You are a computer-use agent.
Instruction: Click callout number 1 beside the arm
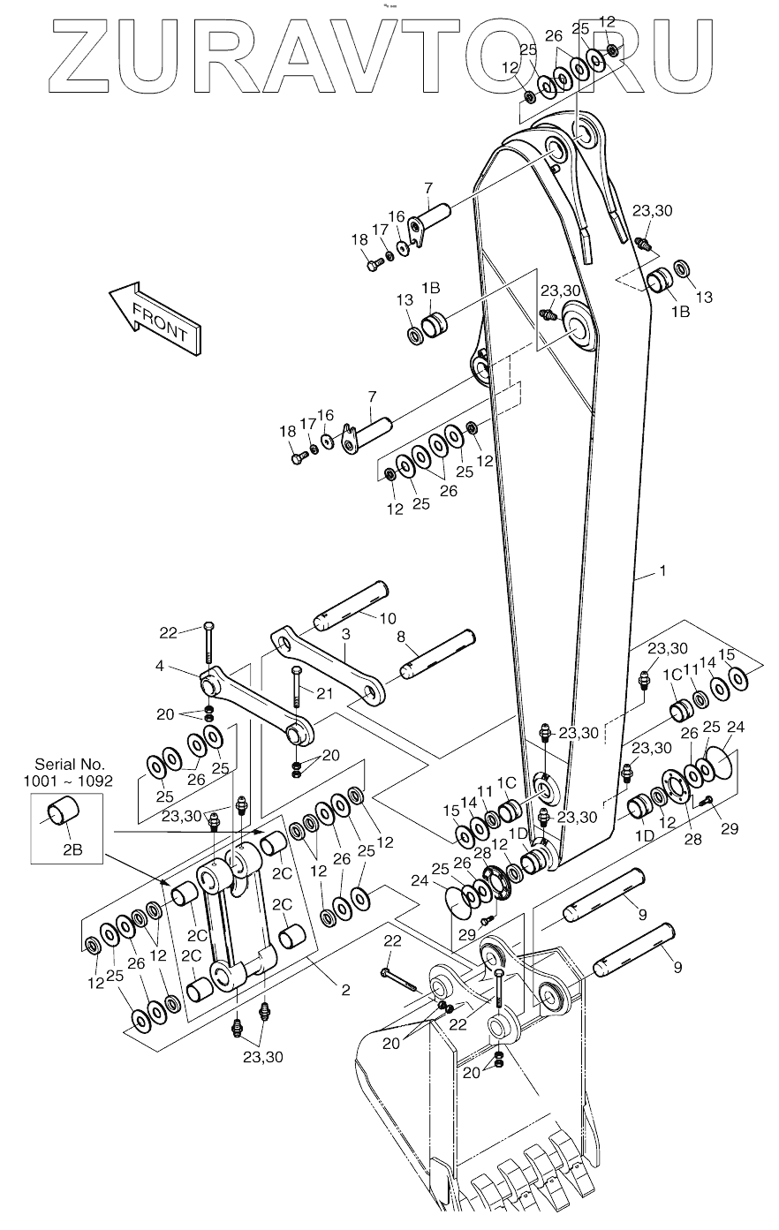point(663,572)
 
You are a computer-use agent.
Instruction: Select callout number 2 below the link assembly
point(345,991)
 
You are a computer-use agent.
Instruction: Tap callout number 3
point(346,635)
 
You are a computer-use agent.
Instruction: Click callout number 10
point(388,617)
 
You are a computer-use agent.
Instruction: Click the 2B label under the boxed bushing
point(72,851)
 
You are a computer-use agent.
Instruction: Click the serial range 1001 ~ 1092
point(70,780)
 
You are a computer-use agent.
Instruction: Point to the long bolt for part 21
point(298,698)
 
